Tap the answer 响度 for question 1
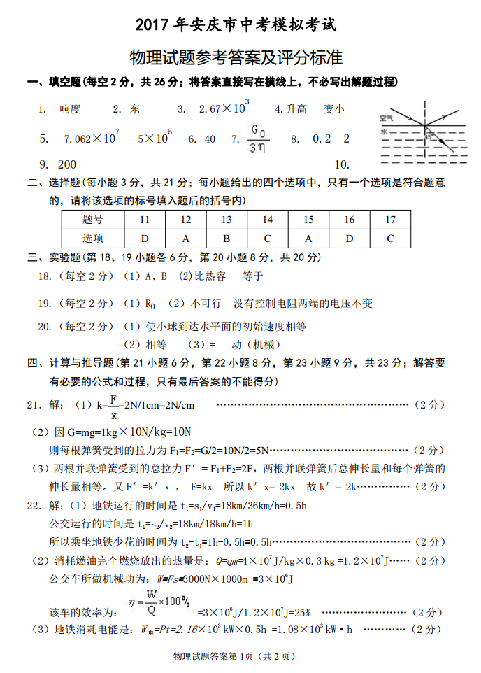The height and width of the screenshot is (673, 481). (70, 108)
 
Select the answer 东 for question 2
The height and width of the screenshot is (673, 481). (135, 108)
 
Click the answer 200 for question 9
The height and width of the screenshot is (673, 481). (67, 164)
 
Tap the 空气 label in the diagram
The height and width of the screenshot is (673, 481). (386, 118)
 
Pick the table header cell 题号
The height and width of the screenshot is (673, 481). (92, 220)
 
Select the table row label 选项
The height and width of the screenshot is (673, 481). (92, 238)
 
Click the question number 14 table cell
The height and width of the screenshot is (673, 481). (267, 220)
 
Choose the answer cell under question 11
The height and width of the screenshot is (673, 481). (144, 238)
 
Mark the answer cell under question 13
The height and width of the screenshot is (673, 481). (227, 238)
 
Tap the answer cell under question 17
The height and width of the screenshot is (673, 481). (390, 238)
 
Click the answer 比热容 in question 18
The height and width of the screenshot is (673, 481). (210, 276)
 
